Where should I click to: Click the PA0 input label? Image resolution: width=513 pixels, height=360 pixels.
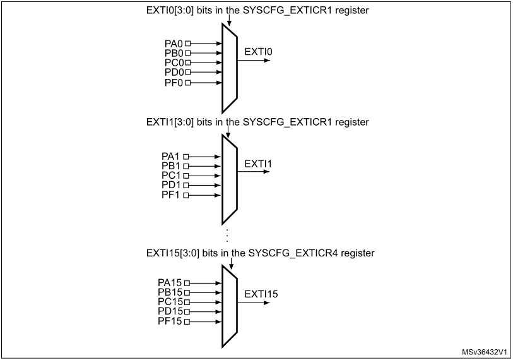173,44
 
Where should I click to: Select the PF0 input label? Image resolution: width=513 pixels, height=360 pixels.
173,83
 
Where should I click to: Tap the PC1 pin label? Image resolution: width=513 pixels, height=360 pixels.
171,176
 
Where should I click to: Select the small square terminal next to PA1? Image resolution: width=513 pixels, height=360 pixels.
186,156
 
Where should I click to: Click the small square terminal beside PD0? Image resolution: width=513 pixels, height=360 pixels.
187,73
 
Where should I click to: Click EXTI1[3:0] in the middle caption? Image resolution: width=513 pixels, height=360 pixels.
165,121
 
